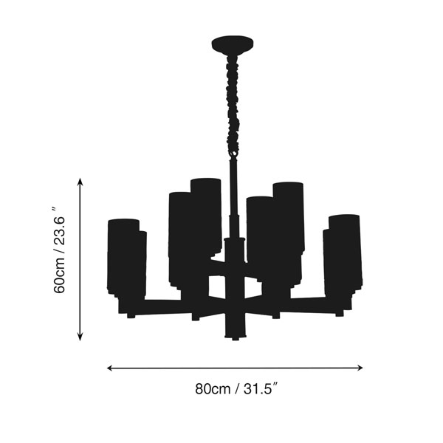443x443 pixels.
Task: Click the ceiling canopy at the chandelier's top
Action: point(233,44)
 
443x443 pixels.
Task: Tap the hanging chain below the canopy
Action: point(233,104)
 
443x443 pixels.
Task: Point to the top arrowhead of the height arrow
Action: point(80,182)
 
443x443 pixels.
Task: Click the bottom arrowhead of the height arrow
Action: point(80,337)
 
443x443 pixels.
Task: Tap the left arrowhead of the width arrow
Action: point(111,368)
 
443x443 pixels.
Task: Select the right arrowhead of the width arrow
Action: point(360,368)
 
